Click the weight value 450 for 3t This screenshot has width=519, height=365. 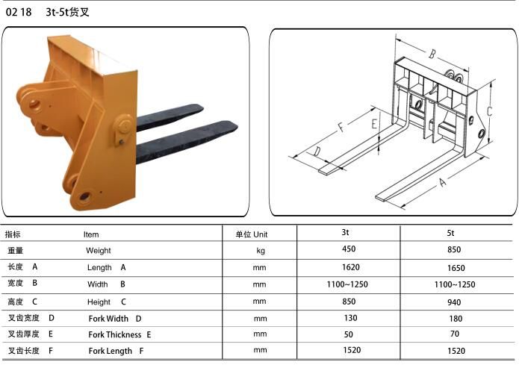click(349, 249)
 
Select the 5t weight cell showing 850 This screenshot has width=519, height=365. click(454, 249)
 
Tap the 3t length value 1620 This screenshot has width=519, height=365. click(350, 267)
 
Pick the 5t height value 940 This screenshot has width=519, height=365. click(454, 302)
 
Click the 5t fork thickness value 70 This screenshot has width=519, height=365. click(455, 334)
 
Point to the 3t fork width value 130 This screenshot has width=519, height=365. click(350, 318)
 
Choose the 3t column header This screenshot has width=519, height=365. click(345, 232)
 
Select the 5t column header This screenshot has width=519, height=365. click(450, 233)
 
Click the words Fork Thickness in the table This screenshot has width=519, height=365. click(115, 334)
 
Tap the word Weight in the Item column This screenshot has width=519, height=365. click(99, 251)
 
